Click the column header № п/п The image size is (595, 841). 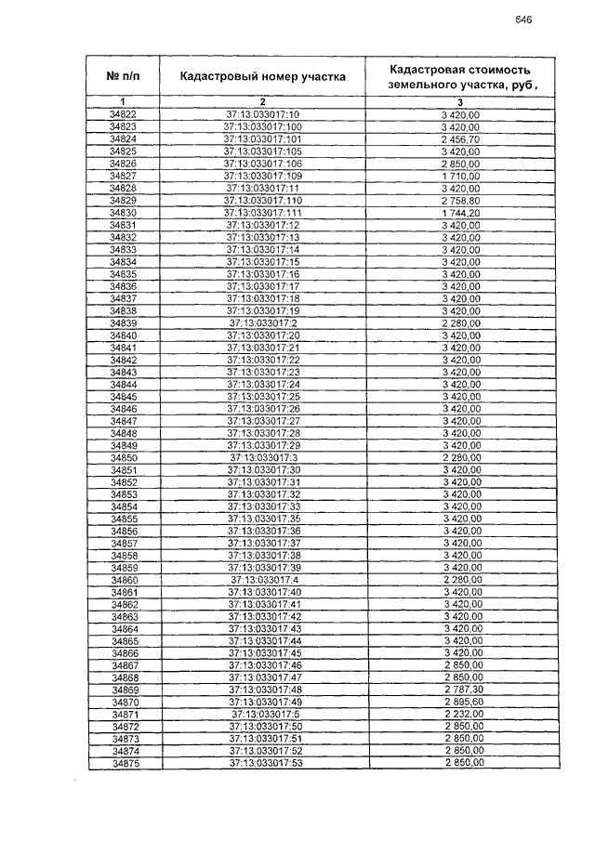(123, 75)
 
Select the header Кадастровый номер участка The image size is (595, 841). (263, 76)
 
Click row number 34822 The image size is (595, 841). (123, 114)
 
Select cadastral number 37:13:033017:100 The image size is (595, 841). (263, 126)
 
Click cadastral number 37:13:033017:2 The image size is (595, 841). (263, 322)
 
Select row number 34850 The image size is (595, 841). (124, 458)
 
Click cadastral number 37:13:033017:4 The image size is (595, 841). (263, 580)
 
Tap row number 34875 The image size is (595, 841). (125, 763)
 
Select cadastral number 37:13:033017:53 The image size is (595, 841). (264, 763)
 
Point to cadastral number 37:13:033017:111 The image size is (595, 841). (263, 213)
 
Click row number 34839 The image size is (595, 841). (124, 322)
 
